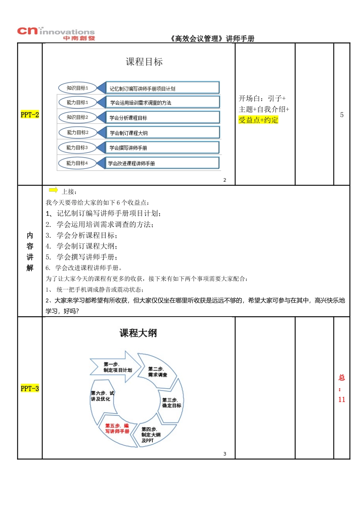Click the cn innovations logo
[x=56, y=33]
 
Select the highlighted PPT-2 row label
[x=30, y=115]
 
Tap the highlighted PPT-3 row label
[x=30, y=389]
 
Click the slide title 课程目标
[x=144, y=62]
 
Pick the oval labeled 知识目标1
[x=77, y=88]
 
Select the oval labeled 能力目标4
[x=77, y=163]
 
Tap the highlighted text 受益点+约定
[x=258, y=120]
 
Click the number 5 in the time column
[x=342, y=115]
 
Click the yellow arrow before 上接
[x=53, y=190]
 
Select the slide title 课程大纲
[x=138, y=333]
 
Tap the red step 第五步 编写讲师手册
[x=117, y=428]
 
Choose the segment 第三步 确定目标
[x=172, y=403]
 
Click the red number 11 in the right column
[x=342, y=400]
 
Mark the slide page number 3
[x=225, y=454]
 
